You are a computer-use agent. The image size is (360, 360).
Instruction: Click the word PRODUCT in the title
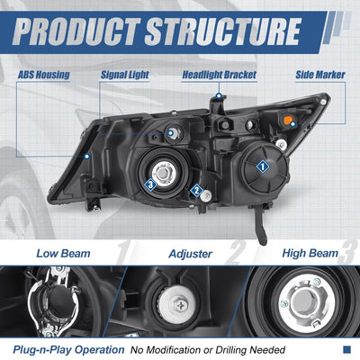pyautogui.click(x=76, y=31)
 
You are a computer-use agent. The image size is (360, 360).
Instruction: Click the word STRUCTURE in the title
pyautogui.click(x=223, y=31)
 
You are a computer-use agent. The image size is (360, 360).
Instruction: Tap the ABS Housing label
pyautogui.click(x=44, y=75)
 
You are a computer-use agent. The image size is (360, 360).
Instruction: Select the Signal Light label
pyautogui.click(x=125, y=75)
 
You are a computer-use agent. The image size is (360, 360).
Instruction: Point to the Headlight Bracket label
pyautogui.click(x=220, y=75)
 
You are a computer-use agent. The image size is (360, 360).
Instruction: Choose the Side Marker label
pyautogui.click(x=320, y=75)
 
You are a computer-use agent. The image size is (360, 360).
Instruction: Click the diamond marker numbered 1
pyautogui.click(x=263, y=166)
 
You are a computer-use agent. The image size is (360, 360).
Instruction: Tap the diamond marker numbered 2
pyautogui.click(x=197, y=191)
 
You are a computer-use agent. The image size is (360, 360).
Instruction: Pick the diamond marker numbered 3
pyautogui.click(x=150, y=185)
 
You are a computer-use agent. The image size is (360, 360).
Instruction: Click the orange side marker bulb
pyautogui.click(x=288, y=121)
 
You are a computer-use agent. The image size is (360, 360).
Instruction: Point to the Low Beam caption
pyautogui.click(x=63, y=254)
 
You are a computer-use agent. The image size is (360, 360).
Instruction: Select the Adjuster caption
pyautogui.click(x=191, y=254)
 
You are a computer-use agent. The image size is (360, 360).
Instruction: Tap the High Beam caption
pyautogui.click(x=310, y=254)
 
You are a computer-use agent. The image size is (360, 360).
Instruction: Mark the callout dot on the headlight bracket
pyautogui.click(x=219, y=96)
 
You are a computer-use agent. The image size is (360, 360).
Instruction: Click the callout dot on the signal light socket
pyautogui.click(x=171, y=132)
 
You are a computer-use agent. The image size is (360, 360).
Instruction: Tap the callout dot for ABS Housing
pyautogui.click(x=87, y=157)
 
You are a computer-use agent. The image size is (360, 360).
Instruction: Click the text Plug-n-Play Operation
pyautogui.click(x=68, y=350)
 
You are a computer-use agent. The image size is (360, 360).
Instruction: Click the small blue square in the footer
pyautogui.click(x=346, y=350)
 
